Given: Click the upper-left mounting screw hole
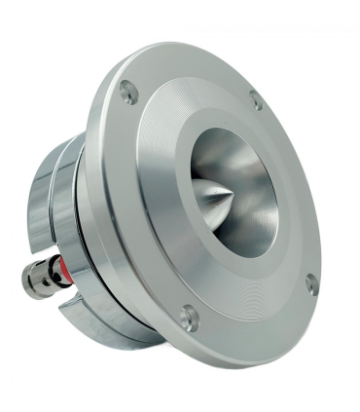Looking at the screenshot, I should (x=128, y=93).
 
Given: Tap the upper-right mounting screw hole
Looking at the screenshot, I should (x=256, y=99).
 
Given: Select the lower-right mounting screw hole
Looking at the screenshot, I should (x=311, y=284).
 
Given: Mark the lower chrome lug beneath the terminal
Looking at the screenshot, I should (x=88, y=317).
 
